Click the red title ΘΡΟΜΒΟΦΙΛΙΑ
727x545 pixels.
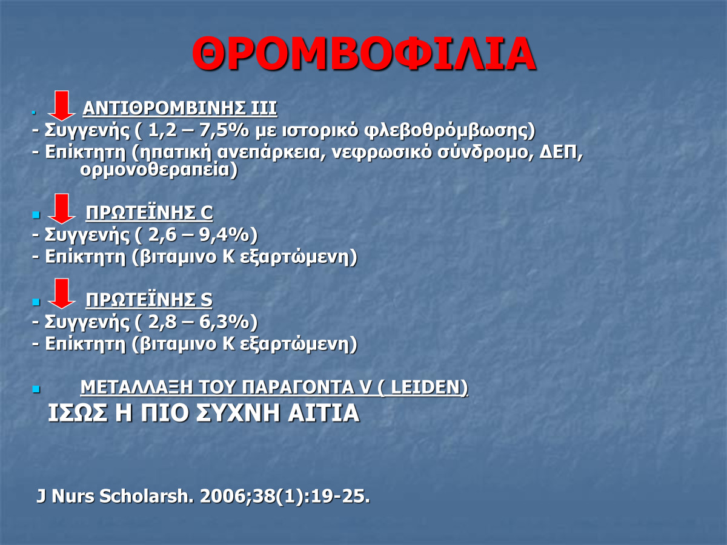coord(363,54)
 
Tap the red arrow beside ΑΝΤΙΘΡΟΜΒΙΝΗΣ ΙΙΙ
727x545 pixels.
coord(62,106)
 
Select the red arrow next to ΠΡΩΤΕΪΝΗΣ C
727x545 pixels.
coord(62,209)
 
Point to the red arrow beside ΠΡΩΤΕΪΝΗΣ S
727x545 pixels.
coord(62,294)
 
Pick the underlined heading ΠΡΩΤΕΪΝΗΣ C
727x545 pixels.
coord(150,213)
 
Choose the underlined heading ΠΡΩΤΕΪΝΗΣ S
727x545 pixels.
coord(149,300)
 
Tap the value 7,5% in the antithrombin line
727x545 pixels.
coord(224,130)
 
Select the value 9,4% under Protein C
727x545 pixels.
coord(224,234)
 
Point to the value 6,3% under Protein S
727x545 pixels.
coord(224,322)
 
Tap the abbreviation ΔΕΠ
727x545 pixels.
coord(559,152)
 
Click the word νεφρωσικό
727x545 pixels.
coord(382,153)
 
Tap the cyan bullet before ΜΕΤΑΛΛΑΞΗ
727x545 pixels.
coord(36,389)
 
